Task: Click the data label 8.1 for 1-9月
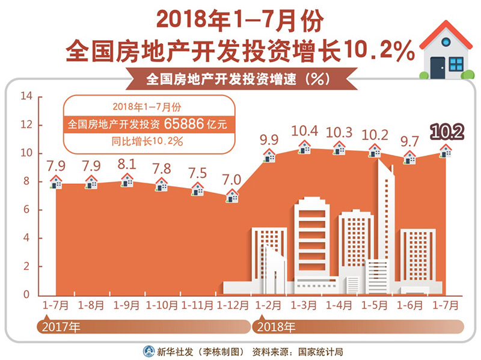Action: (x=127, y=164)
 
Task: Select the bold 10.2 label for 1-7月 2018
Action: (x=446, y=132)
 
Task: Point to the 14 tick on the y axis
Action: (x=26, y=96)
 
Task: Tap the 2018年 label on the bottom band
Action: (x=275, y=328)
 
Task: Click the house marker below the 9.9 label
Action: (x=269, y=156)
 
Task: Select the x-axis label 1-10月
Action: (x=162, y=305)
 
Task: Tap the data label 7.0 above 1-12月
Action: (x=231, y=179)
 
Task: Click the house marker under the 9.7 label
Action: (x=409, y=157)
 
